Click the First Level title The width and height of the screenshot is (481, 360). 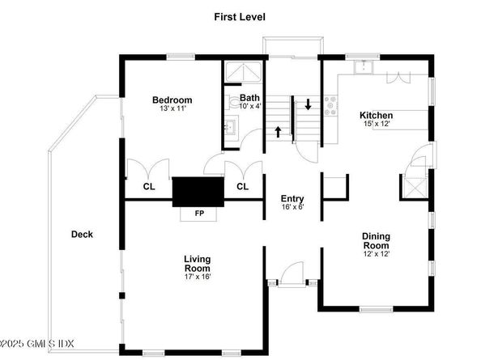[240, 17]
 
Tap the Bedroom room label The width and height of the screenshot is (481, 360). [172, 100]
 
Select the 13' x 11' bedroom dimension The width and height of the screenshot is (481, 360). [172, 108]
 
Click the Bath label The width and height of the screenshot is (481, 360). [249, 98]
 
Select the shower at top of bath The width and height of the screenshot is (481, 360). [243, 72]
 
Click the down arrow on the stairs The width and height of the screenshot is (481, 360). [308, 104]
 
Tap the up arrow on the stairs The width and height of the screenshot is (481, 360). [278, 132]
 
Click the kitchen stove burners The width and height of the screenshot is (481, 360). [331, 106]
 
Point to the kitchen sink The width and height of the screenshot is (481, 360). [364, 67]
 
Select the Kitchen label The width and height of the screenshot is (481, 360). [376, 116]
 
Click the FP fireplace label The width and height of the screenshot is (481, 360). [199, 214]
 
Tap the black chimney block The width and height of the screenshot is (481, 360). [198, 192]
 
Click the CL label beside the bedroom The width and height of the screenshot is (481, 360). [149, 186]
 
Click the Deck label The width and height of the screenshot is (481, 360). [82, 235]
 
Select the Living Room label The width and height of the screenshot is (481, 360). [198, 264]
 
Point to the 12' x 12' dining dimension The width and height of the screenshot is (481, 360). [377, 254]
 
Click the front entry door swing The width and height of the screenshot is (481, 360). [292, 274]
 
